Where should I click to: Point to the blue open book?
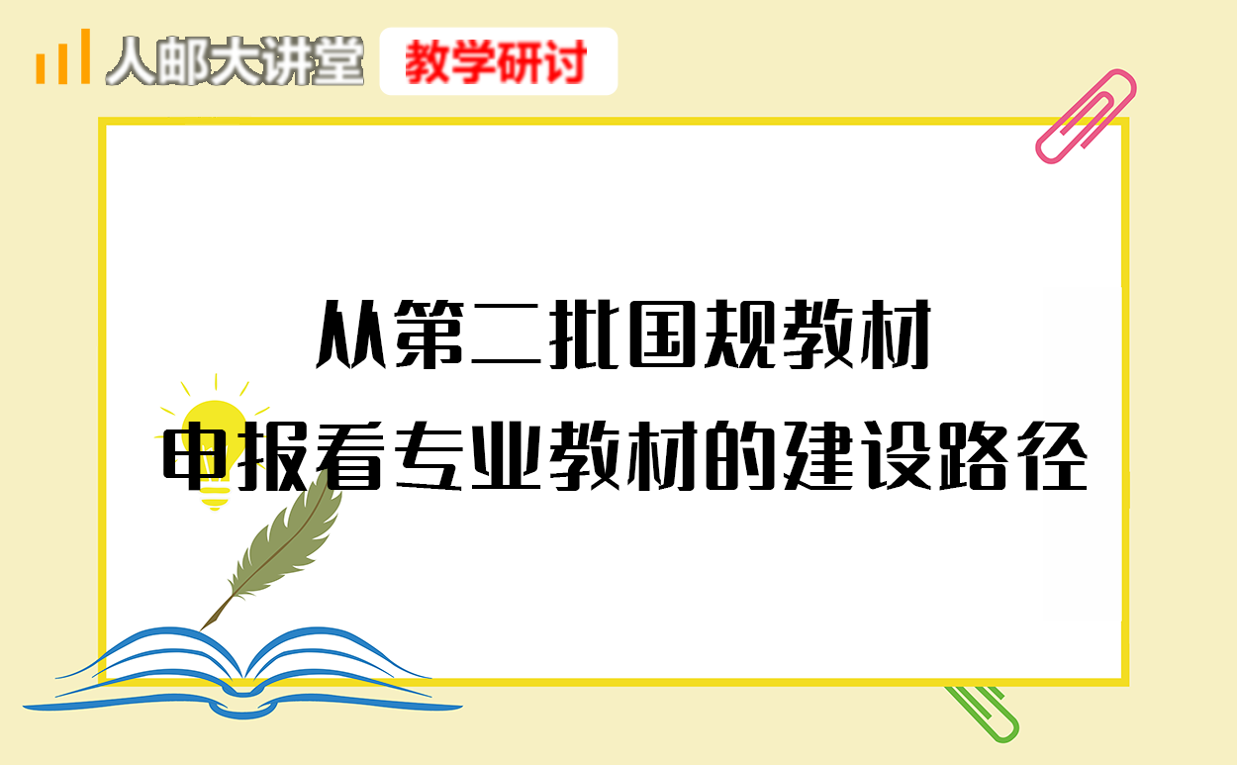[243, 675]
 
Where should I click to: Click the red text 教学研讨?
[496, 62]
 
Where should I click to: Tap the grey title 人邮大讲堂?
[236, 60]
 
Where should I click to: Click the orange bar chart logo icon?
[62, 56]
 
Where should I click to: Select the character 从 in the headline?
[350, 335]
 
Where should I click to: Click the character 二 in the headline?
[506, 335]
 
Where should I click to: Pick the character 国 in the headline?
[662, 335]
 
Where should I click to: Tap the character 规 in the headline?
[740, 335]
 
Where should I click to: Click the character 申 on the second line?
[194, 456]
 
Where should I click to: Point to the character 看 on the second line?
[353, 456]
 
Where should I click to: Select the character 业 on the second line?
[506, 456]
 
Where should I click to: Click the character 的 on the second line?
[740, 456]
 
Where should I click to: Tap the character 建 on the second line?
[818, 456]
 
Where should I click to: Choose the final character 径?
[1053, 456]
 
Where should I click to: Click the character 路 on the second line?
[974, 456]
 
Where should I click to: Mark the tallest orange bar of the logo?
[85, 56]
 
